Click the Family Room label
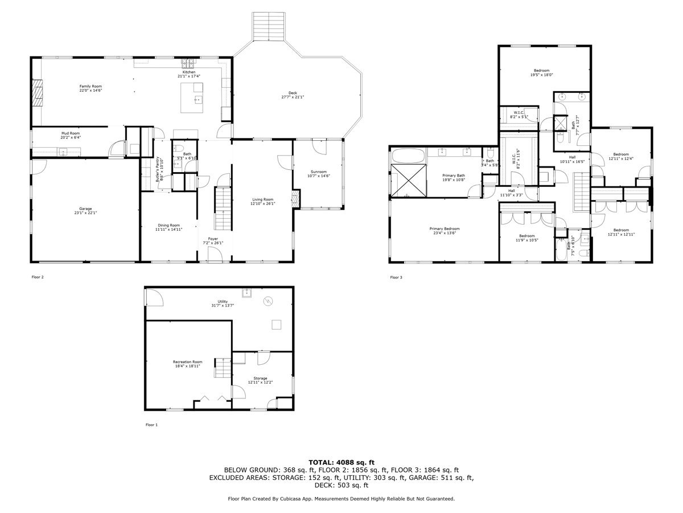click(90, 86)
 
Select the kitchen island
click(192, 95)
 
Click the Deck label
click(293, 93)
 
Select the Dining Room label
click(168, 225)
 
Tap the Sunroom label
click(319, 172)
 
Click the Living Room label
click(263, 199)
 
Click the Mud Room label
click(71, 133)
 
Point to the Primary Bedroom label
click(444, 229)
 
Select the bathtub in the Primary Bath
click(408, 154)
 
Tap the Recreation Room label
click(188, 362)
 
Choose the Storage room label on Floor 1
click(260, 378)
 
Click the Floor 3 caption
click(396, 278)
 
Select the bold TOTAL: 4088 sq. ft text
click(341, 462)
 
